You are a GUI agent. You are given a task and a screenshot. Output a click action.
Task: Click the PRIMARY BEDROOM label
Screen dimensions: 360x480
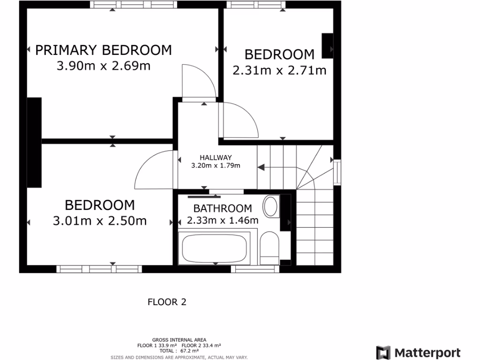point(104,50)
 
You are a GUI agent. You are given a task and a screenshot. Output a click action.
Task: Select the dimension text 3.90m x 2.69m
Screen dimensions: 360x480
point(104,66)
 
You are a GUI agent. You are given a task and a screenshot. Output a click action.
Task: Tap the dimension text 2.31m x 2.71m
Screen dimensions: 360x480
point(279,70)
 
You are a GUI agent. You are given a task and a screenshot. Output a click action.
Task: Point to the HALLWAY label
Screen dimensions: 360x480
point(216,157)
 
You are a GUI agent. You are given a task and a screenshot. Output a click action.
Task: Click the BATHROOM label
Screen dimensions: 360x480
point(223,208)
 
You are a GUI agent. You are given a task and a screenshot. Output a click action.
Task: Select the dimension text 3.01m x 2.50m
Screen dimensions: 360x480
point(100,220)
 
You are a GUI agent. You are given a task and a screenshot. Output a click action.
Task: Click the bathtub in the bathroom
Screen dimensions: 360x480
point(214,248)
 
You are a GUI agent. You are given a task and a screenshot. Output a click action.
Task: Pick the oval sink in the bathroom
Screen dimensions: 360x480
point(270,207)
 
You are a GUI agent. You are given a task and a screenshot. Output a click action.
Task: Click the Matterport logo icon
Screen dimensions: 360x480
point(383,352)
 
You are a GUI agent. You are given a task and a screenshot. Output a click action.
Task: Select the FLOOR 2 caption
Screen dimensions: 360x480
point(167,302)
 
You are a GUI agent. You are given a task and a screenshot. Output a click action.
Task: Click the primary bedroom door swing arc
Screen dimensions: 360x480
point(199,82)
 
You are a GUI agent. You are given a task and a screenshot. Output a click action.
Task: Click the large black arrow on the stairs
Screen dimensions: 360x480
point(262,167)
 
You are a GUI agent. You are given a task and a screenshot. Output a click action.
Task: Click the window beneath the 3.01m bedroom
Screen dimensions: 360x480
point(99,269)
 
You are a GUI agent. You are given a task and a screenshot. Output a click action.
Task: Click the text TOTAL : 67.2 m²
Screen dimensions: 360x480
point(179,351)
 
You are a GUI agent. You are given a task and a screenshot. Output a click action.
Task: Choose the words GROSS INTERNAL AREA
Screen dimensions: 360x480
point(179,340)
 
